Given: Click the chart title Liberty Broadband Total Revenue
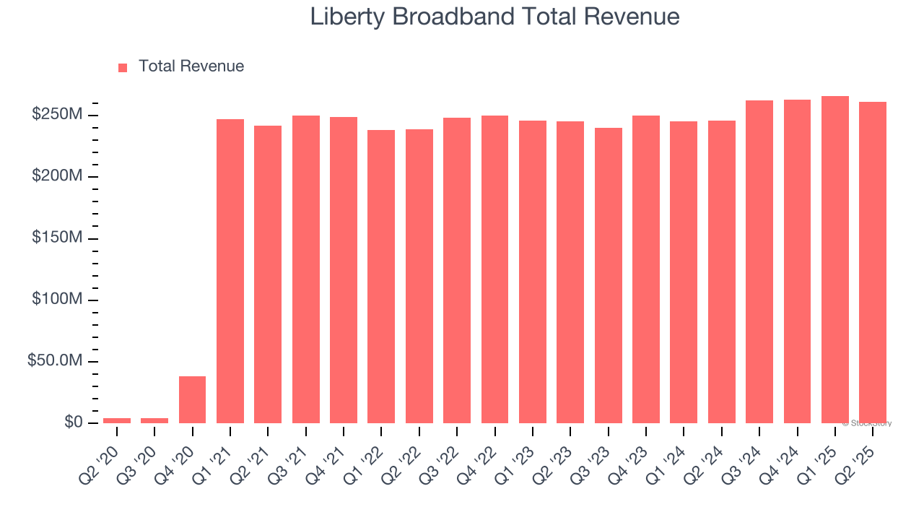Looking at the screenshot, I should point(494,17).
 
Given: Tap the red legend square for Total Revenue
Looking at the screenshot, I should point(123,67).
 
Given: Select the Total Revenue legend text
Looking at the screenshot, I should point(191,66).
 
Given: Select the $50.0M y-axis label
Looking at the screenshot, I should point(55,360).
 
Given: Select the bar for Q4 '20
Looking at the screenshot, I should point(192,399).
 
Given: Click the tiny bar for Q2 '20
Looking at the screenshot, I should point(117,420).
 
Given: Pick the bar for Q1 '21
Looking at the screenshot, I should point(230,271).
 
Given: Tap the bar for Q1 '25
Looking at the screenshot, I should point(835,260).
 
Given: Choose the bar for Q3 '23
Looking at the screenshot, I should point(609,275).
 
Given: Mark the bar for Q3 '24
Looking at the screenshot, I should point(759,261).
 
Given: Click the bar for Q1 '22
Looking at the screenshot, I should point(381,277).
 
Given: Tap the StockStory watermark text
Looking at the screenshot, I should point(866,423).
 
